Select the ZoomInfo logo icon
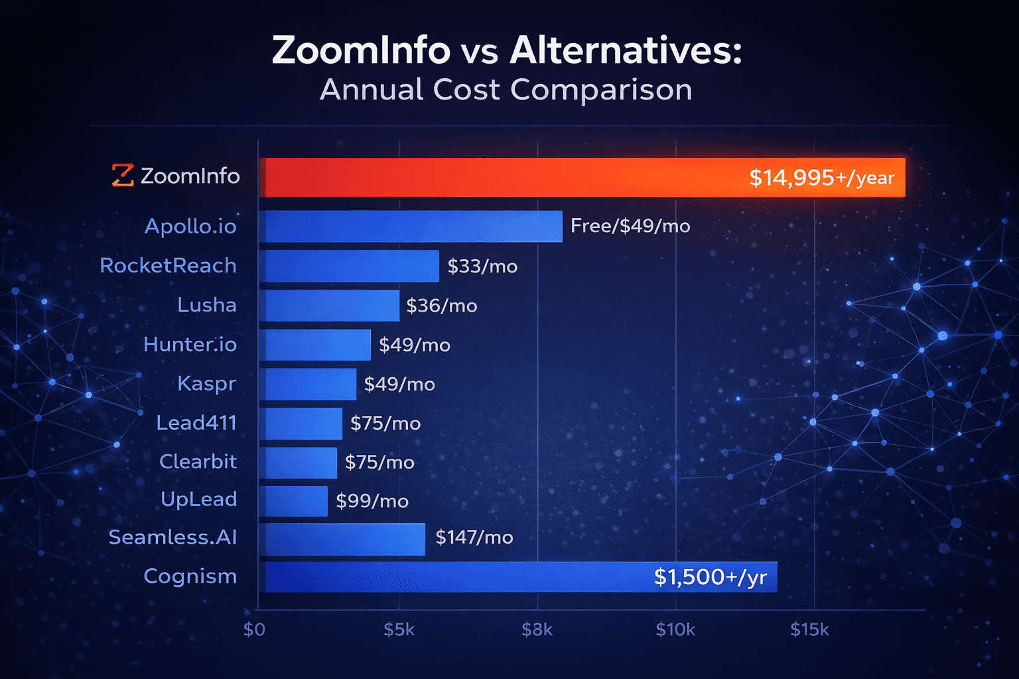pyautogui.click(x=123, y=175)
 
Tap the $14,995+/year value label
pyautogui.click(x=821, y=178)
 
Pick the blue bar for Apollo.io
pyautogui.click(x=411, y=226)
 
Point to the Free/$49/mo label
pyautogui.click(x=630, y=226)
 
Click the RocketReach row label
pyautogui.click(x=168, y=265)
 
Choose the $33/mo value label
pyautogui.click(x=482, y=266)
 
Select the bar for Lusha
pyautogui.click(x=330, y=305)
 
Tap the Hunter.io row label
pyautogui.click(x=190, y=344)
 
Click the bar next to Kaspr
pyautogui.click(x=308, y=384)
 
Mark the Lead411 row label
pyautogui.click(x=196, y=422)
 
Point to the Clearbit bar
pyautogui.click(x=299, y=462)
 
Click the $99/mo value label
pyautogui.click(x=372, y=501)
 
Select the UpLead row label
pyautogui.click(x=198, y=499)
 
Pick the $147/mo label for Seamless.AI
pyautogui.click(x=474, y=537)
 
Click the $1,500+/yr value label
pyautogui.click(x=710, y=577)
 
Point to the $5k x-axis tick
pyautogui.click(x=399, y=629)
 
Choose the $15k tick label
pyautogui.click(x=809, y=629)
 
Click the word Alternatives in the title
pyautogui.click(x=625, y=50)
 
